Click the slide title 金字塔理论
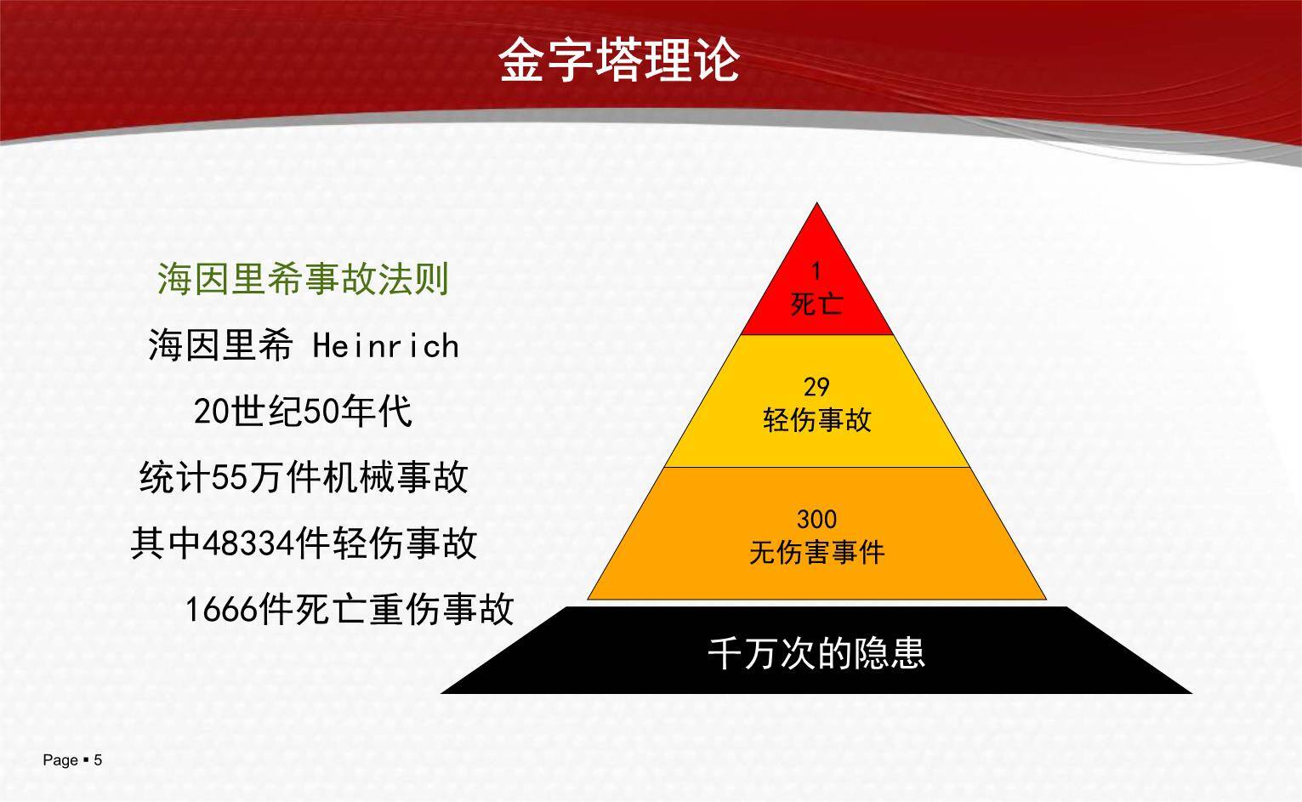pos(618,59)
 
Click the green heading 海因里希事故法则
pos(303,280)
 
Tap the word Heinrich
pos(386,346)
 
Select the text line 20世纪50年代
pos(303,412)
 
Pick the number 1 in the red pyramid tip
pos(816,271)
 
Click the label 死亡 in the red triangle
pos(816,304)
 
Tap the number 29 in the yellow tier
pos(816,387)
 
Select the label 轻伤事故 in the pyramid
pos(816,419)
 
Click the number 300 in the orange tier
pos(816,519)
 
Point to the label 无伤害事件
pos(816,553)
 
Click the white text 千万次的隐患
pos(816,653)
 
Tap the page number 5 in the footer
pos(98,760)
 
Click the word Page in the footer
pos(60,760)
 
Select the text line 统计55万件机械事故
pos(303,478)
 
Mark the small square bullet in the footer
pos(86,759)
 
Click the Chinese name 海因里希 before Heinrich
pos(220,346)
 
